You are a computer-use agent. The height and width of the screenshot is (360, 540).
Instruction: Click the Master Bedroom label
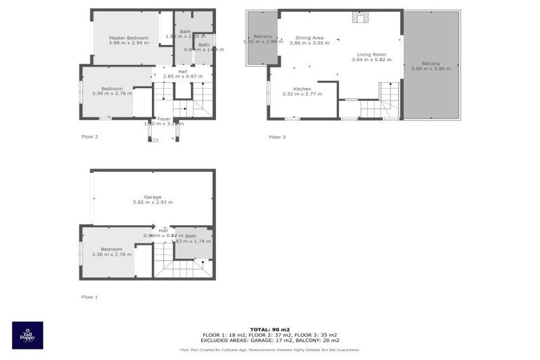[128, 37]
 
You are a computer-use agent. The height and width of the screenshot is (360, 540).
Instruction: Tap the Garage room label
[153, 197]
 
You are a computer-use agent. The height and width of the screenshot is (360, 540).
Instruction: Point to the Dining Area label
[309, 37]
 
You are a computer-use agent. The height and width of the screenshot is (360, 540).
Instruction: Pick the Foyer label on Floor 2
[163, 119]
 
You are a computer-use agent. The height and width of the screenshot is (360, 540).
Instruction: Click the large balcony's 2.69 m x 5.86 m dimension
[431, 69]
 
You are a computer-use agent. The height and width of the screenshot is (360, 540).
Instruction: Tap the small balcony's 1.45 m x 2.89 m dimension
[263, 41]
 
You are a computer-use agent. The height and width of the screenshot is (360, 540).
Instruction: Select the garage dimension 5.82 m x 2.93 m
[153, 202]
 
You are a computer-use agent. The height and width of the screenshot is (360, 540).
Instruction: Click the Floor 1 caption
[89, 297]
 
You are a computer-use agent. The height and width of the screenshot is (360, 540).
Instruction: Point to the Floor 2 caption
[89, 136]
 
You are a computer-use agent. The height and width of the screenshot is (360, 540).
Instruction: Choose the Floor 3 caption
[277, 136]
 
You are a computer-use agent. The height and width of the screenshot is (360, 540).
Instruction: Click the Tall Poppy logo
[27, 335]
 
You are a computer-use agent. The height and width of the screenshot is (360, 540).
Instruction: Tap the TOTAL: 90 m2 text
[269, 329]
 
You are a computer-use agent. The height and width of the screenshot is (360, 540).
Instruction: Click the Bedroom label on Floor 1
[111, 249]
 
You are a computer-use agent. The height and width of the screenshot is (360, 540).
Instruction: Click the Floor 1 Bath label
[191, 236]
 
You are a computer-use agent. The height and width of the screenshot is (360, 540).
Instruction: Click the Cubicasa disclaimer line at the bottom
[269, 349]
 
